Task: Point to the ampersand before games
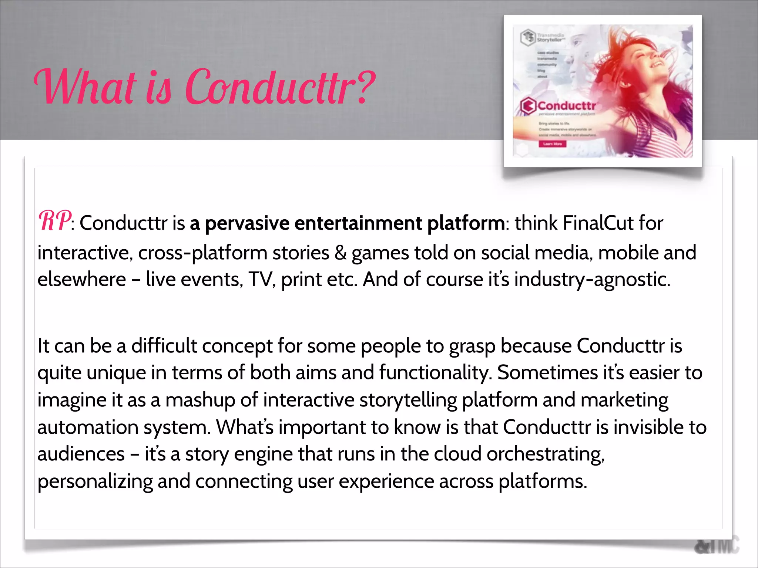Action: (x=340, y=253)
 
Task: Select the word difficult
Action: (x=164, y=346)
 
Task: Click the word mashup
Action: (x=200, y=400)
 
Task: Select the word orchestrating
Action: (x=545, y=454)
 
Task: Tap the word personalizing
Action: (x=95, y=482)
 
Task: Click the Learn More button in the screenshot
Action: (x=552, y=143)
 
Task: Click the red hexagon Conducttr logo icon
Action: (x=528, y=106)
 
